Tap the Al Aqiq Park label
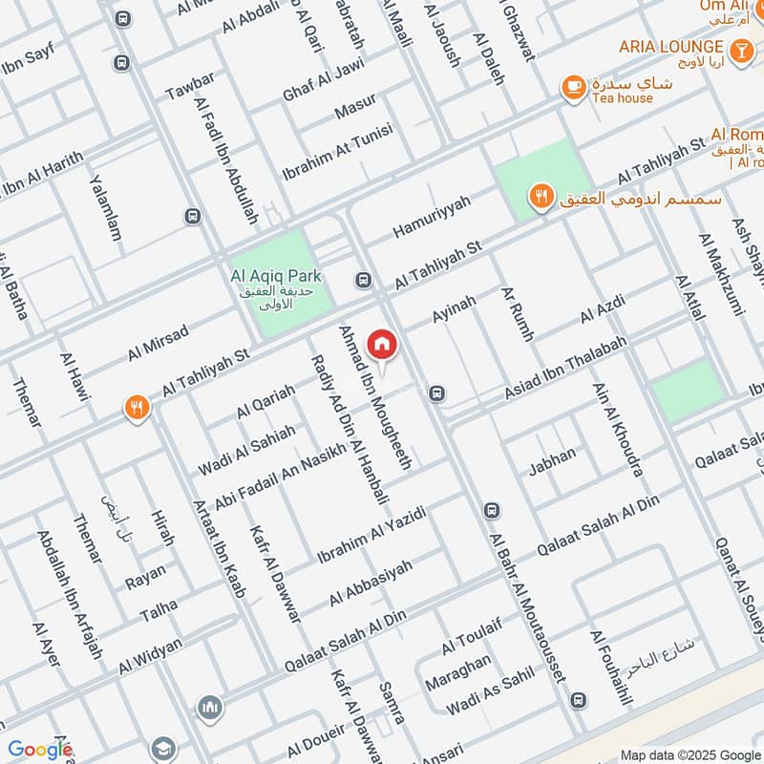click(x=276, y=276)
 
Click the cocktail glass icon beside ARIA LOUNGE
click(x=739, y=48)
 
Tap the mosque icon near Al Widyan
click(x=210, y=708)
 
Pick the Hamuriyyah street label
click(x=432, y=218)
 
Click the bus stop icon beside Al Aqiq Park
click(x=363, y=280)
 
